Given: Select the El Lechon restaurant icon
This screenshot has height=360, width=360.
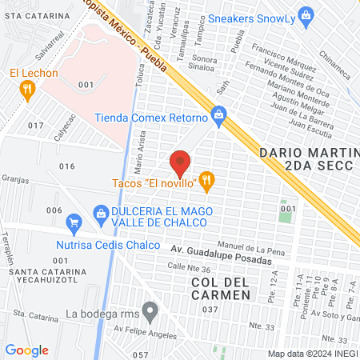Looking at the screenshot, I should pyautogui.click(x=28, y=90).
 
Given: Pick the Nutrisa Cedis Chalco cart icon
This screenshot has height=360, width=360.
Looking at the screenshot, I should pyautogui.click(x=74, y=222).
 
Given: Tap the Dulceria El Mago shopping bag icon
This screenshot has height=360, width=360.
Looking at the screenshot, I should pyautogui.click(x=101, y=211).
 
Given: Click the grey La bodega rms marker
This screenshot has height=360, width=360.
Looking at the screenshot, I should pyautogui.click(x=149, y=310).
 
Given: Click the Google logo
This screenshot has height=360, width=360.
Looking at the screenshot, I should pyautogui.click(x=26, y=350).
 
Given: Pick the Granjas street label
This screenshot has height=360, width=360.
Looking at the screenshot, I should pyautogui.click(x=15, y=179).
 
